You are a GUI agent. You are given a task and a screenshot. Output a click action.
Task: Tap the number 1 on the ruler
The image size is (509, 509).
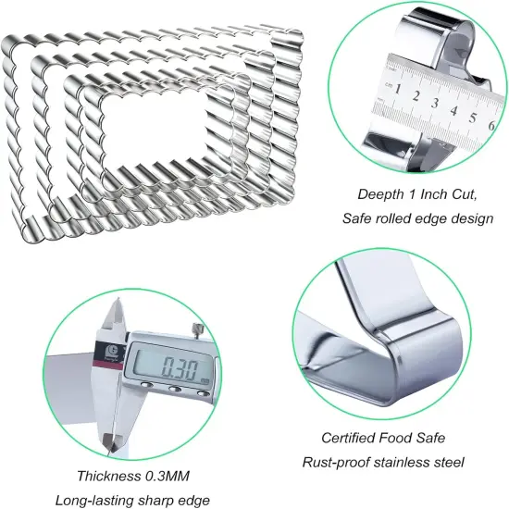point(397,89)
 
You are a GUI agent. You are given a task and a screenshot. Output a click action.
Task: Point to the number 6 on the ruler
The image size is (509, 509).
point(491,125)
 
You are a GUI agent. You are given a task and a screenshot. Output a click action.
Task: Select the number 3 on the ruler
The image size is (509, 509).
point(435,103)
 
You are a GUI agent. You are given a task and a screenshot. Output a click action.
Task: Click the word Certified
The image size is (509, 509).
point(348,438)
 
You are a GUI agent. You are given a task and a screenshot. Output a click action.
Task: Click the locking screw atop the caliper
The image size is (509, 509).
point(197,329)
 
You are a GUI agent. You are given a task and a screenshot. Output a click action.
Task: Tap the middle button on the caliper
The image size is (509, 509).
point(175,389)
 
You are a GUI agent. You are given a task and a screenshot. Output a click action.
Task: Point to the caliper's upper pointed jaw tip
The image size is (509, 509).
point(118,299)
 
